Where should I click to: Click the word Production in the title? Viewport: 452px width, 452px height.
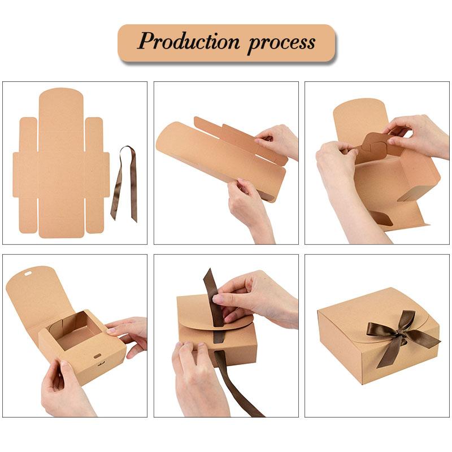(189, 42)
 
